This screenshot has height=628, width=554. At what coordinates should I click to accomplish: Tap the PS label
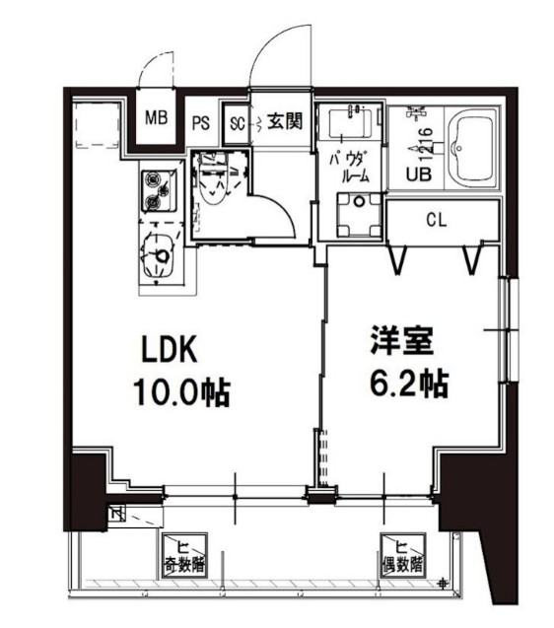(200, 123)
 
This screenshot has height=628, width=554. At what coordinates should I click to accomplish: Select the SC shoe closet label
(236, 123)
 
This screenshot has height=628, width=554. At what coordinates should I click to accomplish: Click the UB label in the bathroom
(420, 176)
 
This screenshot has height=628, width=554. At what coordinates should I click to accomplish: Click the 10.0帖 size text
(181, 393)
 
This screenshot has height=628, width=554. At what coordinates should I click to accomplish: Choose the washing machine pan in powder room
(358, 215)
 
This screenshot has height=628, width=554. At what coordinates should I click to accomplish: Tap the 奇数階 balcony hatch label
(183, 558)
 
